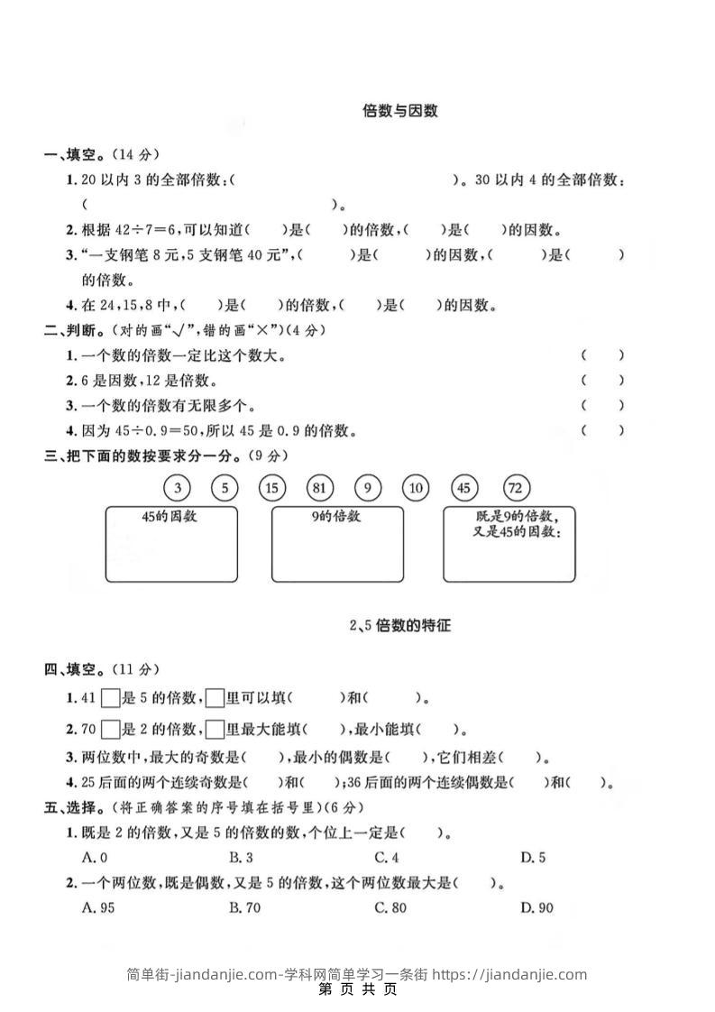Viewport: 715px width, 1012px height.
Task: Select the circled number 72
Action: click(x=515, y=488)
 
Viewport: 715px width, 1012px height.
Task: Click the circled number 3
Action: click(x=178, y=488)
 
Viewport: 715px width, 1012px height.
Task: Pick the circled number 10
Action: click(x=416, y=488)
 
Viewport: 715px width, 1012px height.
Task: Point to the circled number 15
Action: click(x=271, y=488)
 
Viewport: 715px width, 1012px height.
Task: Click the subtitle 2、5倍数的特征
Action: click(x=400, y=625)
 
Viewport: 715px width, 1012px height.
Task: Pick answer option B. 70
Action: click(x=244, y=907)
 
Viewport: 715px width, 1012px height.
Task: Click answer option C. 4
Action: click(x=387, y=858)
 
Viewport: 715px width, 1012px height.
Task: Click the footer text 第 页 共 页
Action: click(x=358, y=989)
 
